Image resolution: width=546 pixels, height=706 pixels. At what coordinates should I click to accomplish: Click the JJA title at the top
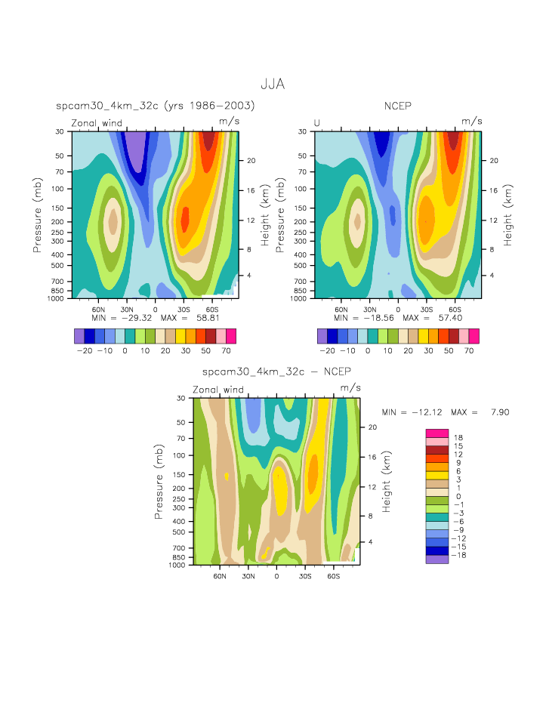pyautogui.click(x=273, y=85)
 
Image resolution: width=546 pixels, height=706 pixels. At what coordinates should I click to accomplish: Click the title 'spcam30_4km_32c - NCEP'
pyautogui.click(x=276, y=371)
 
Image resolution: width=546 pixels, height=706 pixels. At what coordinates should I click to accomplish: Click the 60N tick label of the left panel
pyautogui.click(x=98, y=309)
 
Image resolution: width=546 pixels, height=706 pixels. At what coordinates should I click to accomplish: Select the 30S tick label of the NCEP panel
pyautogui.click(x=426, y=309)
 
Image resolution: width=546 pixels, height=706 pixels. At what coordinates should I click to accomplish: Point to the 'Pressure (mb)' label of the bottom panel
pyautogui.click(x=159, y=481)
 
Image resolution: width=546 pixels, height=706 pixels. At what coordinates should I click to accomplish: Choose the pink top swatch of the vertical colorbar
pyautogui.click(x=436, y=433)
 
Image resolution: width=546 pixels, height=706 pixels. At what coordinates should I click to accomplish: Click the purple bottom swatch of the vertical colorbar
pyautogui.click(x=436, y=560)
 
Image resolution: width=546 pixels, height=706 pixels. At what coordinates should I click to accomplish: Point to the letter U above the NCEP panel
pyautogui.click(x=317, y=123)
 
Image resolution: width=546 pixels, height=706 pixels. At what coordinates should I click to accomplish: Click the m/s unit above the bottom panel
pyautogui.click(x=350, y=388)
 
